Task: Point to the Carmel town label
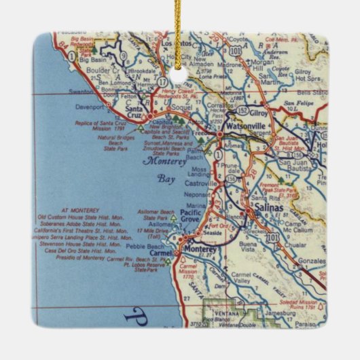click(161, 253)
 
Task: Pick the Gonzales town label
click(313, 260)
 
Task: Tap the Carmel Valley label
click(247, 276)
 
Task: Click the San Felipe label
click(298, 103)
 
